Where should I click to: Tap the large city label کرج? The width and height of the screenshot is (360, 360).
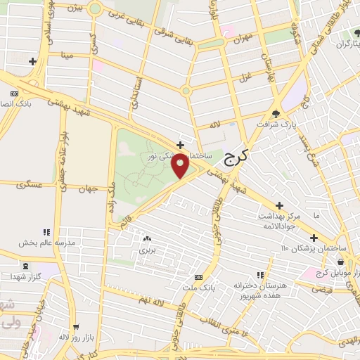pyautogui.click(x=238, y=157)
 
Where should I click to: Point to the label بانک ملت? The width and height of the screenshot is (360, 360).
pyautogui.click(x=198, y=286)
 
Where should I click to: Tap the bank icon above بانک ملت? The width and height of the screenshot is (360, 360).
pyautogui.click(x=198, y=276)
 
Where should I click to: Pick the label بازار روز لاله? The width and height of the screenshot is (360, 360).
pyautogui.click(x=74, y=337)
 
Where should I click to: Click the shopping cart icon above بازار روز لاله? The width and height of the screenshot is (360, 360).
pyautogui.click(x=75, y=326)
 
